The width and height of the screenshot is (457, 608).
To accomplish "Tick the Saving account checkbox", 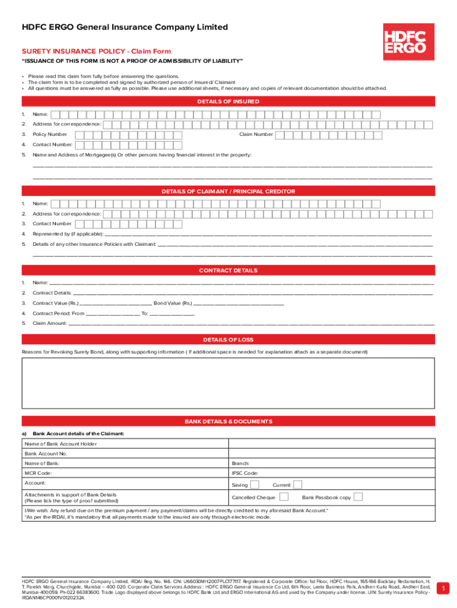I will click(x=255, y=484).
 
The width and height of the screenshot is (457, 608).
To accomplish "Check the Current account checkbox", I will click(x=298, y=484).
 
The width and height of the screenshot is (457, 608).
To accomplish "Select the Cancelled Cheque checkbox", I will click(x=284, y=497).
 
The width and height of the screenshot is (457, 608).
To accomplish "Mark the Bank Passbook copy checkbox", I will click(x=358, y=497).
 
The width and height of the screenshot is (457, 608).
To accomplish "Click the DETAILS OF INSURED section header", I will click(x=228, y=102).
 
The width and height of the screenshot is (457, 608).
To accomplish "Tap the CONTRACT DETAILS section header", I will click(x=228, y=271).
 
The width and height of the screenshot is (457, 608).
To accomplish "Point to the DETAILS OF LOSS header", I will click(x=228, y=340).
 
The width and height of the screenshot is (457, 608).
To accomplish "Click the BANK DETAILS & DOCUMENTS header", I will click(x=228, y=422).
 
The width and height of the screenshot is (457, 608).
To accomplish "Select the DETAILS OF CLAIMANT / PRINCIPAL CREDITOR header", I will click(x=228, y=192).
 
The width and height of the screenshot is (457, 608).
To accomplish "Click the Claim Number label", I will click(x=256, y=134).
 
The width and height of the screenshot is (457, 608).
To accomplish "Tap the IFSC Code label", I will click(x=245, y=473).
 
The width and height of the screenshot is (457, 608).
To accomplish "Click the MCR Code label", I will click(x=38, y=473).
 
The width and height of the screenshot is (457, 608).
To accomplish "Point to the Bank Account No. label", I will click(x=46, y=453).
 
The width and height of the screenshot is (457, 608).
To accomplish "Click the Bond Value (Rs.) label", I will click(x=172, y=303).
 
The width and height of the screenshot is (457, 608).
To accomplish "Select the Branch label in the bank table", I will click(x=240, y=463).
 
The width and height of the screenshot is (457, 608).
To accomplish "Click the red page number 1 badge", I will click(x=441, y=588).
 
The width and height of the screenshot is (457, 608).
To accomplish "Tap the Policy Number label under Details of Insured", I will click(x=49, y=134).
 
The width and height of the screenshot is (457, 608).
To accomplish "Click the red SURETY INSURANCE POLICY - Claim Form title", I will click(x=96, y=52).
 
